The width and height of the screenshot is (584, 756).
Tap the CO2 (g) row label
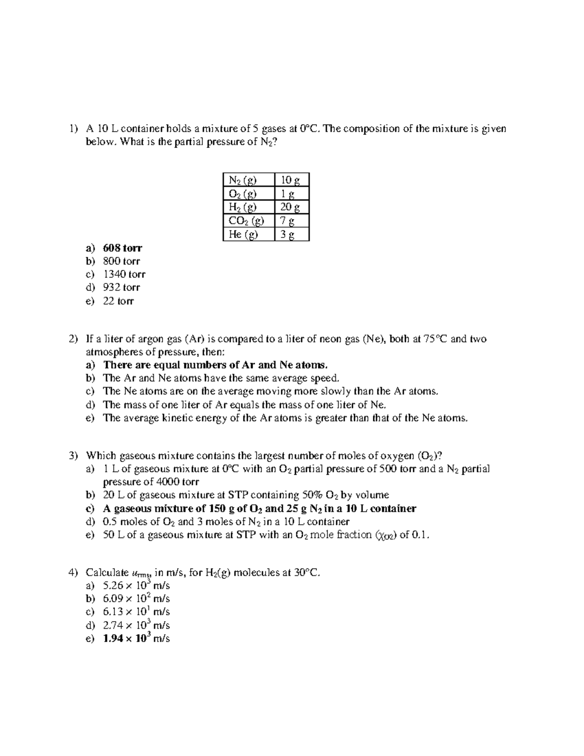[x=246, y=221]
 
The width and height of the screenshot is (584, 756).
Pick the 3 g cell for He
[x=287, y=235]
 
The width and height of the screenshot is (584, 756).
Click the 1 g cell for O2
[x=287, y=194]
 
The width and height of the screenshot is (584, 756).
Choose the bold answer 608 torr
[x=123, y=248]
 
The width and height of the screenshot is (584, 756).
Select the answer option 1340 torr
[x=124, y=275]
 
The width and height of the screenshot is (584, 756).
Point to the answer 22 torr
[x=118, y=301]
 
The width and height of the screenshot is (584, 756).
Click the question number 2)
[x=73, y=339]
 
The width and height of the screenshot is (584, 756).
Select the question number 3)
[x=73, y=456]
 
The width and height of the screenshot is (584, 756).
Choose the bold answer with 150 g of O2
[x=259, y=509]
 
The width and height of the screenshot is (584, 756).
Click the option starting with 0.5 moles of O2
[x=226, y=522]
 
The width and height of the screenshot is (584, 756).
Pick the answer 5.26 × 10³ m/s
[x=136, y=586]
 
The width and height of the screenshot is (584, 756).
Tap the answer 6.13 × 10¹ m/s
[x=136, y=612]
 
